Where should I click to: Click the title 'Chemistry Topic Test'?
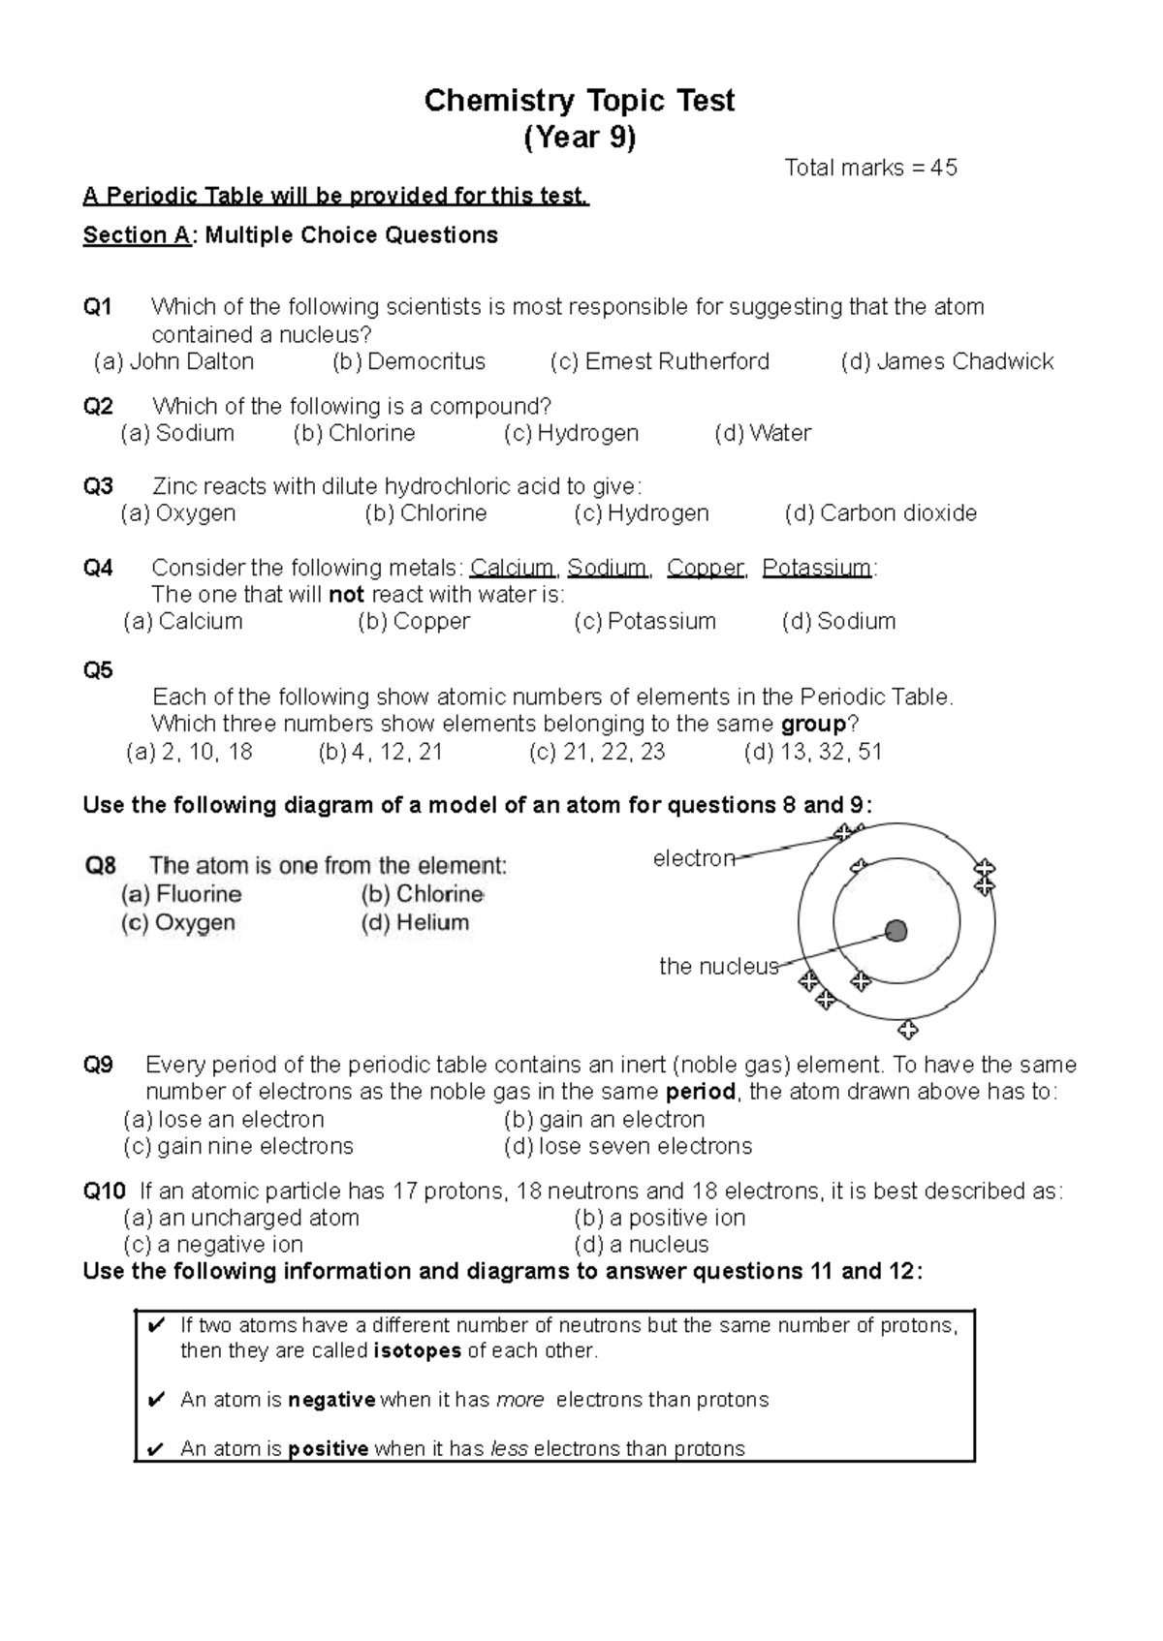(x=580, y=101)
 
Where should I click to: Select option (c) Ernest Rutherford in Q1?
(x=659, y=361)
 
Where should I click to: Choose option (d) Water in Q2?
(x=763, y=433)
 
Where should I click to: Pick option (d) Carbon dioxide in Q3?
(x=880, y=513)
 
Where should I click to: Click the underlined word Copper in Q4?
(x=706, y=568)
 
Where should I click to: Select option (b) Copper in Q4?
(x=414, y=621)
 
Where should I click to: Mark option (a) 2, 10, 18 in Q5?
(x=189, y=752)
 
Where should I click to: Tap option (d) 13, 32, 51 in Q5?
(x=812, y=752)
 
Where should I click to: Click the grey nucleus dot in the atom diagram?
(x=896, y=931)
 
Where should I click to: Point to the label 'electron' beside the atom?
(x=694, y=858)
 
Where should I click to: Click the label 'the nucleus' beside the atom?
(x=718, y=966)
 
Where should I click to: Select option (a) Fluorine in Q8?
(x=181, y=894)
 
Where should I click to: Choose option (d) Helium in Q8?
(x=415, y=922)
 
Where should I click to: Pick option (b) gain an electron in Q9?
(x=604, y=1120)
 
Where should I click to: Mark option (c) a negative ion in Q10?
(x=213, y=1244)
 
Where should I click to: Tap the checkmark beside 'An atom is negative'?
(x=154, y=1400)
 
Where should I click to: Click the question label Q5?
(x=98, y=670)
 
